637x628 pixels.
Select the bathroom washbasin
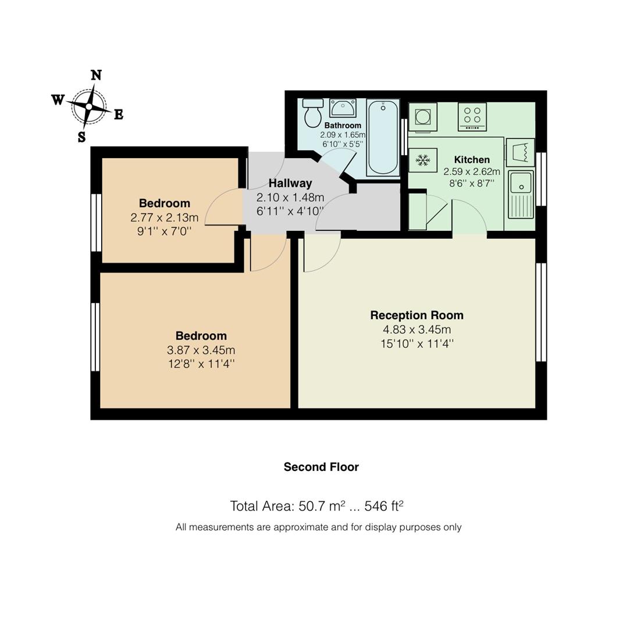pyautogui.click(x=343, y=108)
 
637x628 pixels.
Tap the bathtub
pyautogui.click(x=383, y=137)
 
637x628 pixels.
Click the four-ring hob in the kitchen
pyautogui.click(x=472, y=116)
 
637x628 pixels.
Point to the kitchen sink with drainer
pyautogui.click(x=521, y=194)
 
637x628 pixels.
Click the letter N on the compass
pyautogui.click(x=96, y=75)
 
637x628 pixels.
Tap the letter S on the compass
pyautogui.click(x=81, y=137)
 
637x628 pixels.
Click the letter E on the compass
pyautogui.click(x=118, y=115)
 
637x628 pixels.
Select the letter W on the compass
pyautogui.click(x=58, y=100)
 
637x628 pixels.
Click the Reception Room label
pyautogui.click(x=417, y=315)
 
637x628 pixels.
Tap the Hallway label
pyautogui.click(x=290, y=183)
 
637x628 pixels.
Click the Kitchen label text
pyautogui.click(x=471, y=159)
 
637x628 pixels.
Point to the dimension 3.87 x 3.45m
pyautogui.click(x=201, y=350)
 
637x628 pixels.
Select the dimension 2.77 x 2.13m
pyautogui.click(x=164, y=217)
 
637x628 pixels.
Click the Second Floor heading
pyautogui.click(x=321, y=467)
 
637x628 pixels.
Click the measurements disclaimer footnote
pyautogui.click(x=318, y=527)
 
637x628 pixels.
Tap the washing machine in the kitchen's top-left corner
pyautogui.click(x=422, y=116)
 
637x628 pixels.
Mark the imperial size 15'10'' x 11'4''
pyautogui.click(x=417, y=344)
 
